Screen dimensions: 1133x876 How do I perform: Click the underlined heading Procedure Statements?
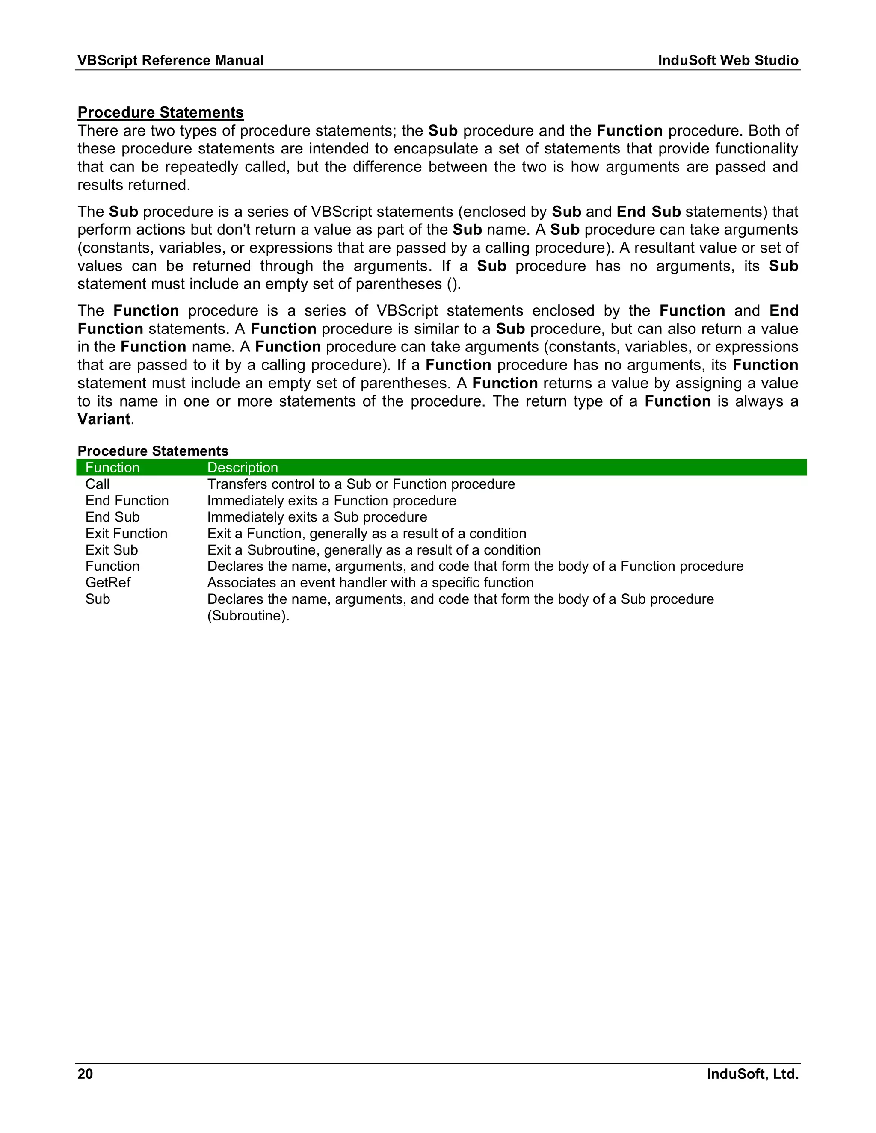[x=160, y=112]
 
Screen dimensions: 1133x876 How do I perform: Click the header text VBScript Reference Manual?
[x=170, y=60]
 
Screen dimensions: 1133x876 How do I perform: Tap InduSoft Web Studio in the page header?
[x=728, y=60]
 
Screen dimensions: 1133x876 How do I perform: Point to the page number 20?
[x=85, y=1074]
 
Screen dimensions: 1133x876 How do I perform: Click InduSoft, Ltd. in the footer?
[x=752, y=1074]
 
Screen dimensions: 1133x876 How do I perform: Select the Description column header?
[x=243, y=467]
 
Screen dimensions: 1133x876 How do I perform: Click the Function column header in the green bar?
[x=112, y=467]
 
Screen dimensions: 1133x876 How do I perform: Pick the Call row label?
[x=98, y=484]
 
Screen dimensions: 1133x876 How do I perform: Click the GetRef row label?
[x=108, y=583]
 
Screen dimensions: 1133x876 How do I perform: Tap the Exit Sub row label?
[x=112, y=550]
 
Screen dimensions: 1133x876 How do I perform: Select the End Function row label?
[x=127, y=501]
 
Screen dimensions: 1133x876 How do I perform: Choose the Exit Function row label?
[x=127, y=533]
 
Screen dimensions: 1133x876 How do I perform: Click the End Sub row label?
[x=112, y=517]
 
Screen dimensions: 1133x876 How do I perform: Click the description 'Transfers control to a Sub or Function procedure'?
[x=361, y=484]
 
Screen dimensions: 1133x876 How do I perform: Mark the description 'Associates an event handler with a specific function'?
[x=370, y=583]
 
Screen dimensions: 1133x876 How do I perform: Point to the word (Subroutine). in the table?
[x=248, y=616]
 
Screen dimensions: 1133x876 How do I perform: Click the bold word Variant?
[x=104, y=419]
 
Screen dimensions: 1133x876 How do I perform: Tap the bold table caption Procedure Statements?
[x=153, y=451]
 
